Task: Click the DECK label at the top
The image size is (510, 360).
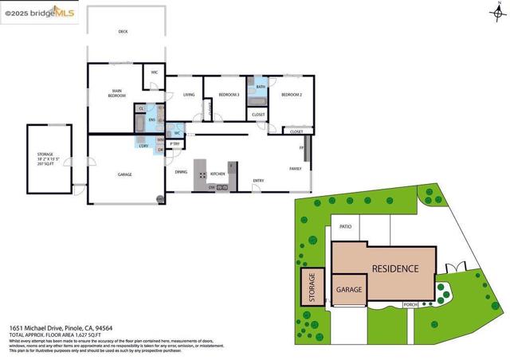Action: [123, 32]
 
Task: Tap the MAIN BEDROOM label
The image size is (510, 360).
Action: [116, 92]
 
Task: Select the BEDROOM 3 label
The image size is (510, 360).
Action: [229, 95]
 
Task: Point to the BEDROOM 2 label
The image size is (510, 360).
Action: [291, 95]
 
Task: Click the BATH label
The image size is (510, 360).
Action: [261, 87]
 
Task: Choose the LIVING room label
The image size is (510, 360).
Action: [189, 95]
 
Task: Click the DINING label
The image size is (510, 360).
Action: [181, 171]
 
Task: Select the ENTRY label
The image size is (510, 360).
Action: [258, 181]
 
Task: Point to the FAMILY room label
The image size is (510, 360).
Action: [294, 169]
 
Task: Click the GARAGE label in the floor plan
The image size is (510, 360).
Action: [124, 174]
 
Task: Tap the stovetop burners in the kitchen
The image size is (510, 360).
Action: [202, 174]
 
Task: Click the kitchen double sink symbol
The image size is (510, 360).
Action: [222, 188]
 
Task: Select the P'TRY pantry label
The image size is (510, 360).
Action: [175, 143]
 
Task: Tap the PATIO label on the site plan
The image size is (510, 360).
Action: [345, 227]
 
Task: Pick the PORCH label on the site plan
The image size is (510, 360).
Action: [411, 304]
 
